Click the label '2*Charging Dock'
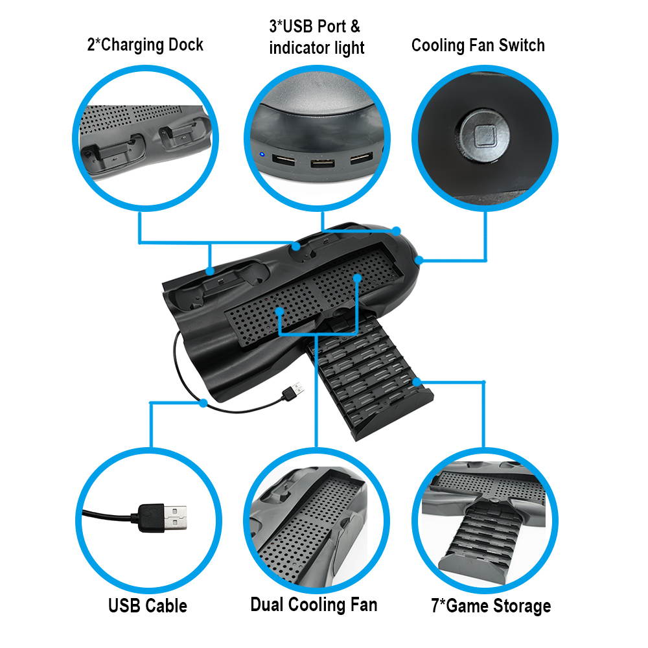(x=145, y=45)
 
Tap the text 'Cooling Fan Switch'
(x=478, y=45)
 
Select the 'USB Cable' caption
(x=148, y=606)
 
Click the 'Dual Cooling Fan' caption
(x=314, y=605)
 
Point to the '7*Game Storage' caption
(x=491, y=606)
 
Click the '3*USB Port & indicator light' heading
(x=316, y=37)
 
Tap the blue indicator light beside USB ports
(x=261, y=155)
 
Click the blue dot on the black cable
(x=203, y=402)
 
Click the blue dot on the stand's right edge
(x=419, y=260)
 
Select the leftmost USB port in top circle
(x=283, y=159)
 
